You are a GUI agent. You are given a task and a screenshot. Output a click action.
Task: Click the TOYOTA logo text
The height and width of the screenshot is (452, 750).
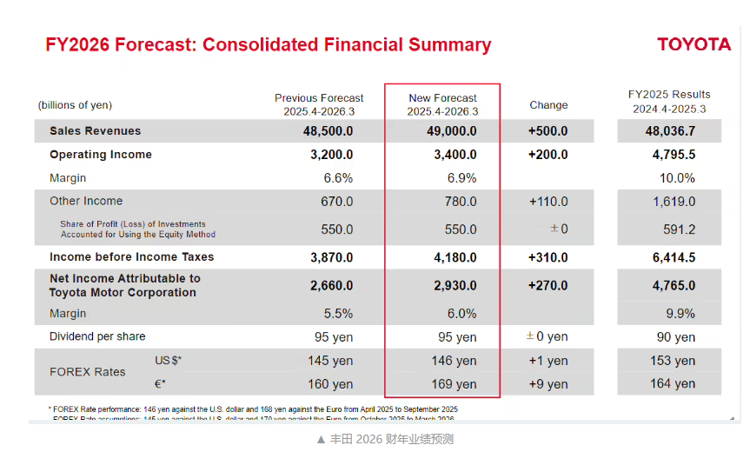point(694,44)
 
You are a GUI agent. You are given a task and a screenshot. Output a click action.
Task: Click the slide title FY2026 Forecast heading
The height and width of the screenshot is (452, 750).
point(268,44)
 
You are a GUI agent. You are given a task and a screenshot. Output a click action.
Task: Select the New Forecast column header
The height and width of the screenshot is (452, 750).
point(442,104)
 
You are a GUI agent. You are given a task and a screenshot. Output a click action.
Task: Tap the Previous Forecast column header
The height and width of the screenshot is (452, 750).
point(319,104)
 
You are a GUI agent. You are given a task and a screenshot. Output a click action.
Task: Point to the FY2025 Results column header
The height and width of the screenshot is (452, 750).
point(669,101)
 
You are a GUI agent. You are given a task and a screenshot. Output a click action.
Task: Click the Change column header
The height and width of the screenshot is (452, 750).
point(548,105)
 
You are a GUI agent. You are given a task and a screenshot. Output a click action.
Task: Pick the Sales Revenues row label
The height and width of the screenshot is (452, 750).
point(95,131)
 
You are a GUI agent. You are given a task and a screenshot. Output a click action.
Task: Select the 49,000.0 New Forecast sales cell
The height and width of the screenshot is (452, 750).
point(455,131)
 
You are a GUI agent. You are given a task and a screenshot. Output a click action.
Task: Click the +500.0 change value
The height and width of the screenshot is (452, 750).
point(548,131)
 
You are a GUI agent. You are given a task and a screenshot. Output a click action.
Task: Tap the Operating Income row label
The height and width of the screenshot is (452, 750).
point(101,155)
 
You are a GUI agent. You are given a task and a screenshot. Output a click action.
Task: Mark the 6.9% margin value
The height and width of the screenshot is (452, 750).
point(461,178)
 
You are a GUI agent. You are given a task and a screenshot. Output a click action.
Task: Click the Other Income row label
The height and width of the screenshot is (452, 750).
point(86,201)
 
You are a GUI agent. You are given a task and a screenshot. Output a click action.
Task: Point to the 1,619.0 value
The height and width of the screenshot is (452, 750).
point(674,202)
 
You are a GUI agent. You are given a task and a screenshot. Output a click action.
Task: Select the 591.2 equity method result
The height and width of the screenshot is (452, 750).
point(679,229)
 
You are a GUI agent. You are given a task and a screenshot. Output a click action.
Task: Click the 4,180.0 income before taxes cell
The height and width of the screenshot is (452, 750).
point(455,257)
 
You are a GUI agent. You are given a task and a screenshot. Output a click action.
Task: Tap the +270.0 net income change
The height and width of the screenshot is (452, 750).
point(548,285)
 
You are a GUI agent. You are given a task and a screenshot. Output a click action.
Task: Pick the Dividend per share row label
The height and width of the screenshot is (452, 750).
point(97,336)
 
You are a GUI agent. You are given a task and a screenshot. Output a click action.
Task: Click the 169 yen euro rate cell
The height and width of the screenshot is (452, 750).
point(454,384)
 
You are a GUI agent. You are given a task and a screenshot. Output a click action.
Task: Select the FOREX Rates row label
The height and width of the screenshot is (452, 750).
point(87,372)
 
